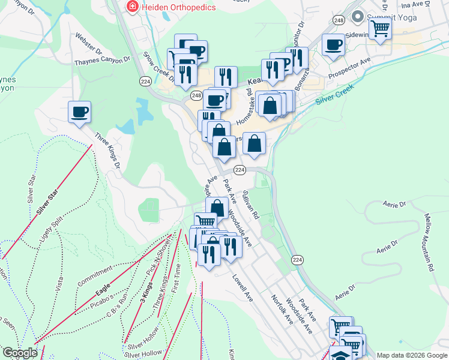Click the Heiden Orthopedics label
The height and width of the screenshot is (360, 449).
pos(170,7)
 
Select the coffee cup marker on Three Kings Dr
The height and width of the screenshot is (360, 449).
pos(79,112)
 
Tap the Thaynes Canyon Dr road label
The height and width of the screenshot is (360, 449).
pos(102,61)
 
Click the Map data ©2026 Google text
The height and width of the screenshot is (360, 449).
pos(411,355)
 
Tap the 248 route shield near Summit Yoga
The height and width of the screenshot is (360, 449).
pos(339,20)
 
